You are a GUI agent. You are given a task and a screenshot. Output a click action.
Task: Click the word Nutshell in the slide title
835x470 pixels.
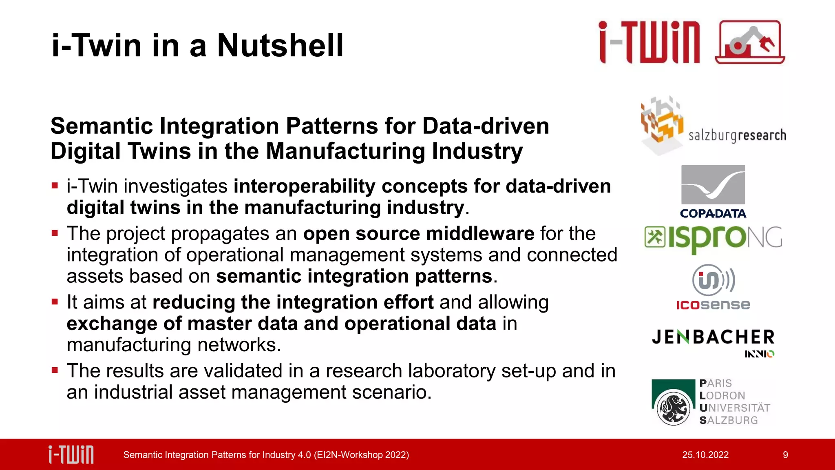(x=280, y=45)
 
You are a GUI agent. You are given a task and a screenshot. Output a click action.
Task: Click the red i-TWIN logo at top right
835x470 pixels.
(x=649, y=42)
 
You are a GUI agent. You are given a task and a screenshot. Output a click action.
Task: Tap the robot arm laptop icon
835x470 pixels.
(x=749, y=42)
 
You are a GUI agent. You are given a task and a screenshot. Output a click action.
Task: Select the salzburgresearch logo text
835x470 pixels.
(x=737, y=135)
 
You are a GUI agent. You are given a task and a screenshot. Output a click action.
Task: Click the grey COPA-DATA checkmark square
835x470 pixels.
(x=713, y=184)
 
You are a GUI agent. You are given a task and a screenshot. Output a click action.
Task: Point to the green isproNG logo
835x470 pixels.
(x=713, y=238)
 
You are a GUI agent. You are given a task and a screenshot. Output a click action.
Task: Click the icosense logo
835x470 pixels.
(x=713, y=287)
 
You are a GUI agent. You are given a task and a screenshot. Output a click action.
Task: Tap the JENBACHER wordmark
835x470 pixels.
(x=713, y=337)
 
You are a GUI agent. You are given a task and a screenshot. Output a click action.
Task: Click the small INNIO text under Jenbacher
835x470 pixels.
(x=759, y=354)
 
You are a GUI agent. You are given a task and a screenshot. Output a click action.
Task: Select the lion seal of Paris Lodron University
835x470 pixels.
(x=673, y=408)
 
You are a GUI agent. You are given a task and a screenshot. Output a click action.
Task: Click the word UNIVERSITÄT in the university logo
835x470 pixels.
(x=735, y=408)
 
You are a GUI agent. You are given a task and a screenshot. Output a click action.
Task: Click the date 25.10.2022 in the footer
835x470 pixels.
(x=705, y=455)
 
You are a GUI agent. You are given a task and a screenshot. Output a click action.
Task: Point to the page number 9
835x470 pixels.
(x=785, y=455)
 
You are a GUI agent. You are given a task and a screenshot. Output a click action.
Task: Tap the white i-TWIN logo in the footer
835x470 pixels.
(x=71, y=454)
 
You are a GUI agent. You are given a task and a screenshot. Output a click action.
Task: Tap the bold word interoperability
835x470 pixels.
(x=304, y=186)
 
